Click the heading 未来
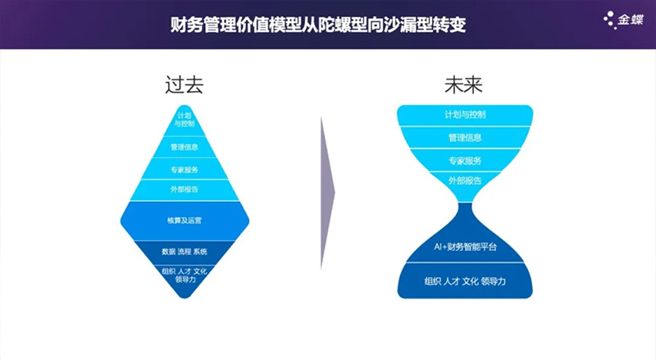[x=464, y=84]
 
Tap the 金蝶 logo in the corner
[x=624, y=19]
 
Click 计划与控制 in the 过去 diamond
[x=184, y=121]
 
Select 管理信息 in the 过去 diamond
[x=184, y=148]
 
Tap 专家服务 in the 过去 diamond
[x=184, y=170]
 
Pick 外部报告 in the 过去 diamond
[x=184, y=189]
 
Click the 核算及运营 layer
[x=184, y=221]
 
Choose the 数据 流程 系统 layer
[x=184, y=251]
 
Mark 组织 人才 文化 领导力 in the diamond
[x=184, y=274]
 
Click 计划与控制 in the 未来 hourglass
[x=465, y=115]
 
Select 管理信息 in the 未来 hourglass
[x=465, y=138]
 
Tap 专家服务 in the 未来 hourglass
[x=465, y=161]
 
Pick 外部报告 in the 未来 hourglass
[x=465, y=180]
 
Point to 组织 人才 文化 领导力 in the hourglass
[x=465, y=281]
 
